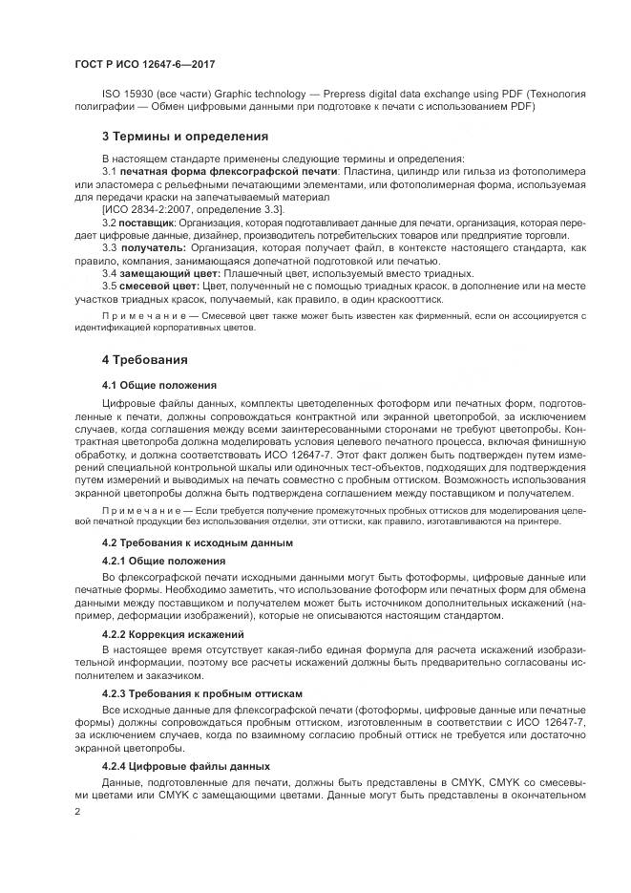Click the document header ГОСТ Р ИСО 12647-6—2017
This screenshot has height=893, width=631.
(144, 63)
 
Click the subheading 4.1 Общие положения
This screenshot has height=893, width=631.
(159, 385)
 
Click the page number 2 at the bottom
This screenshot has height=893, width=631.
(78, 811)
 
